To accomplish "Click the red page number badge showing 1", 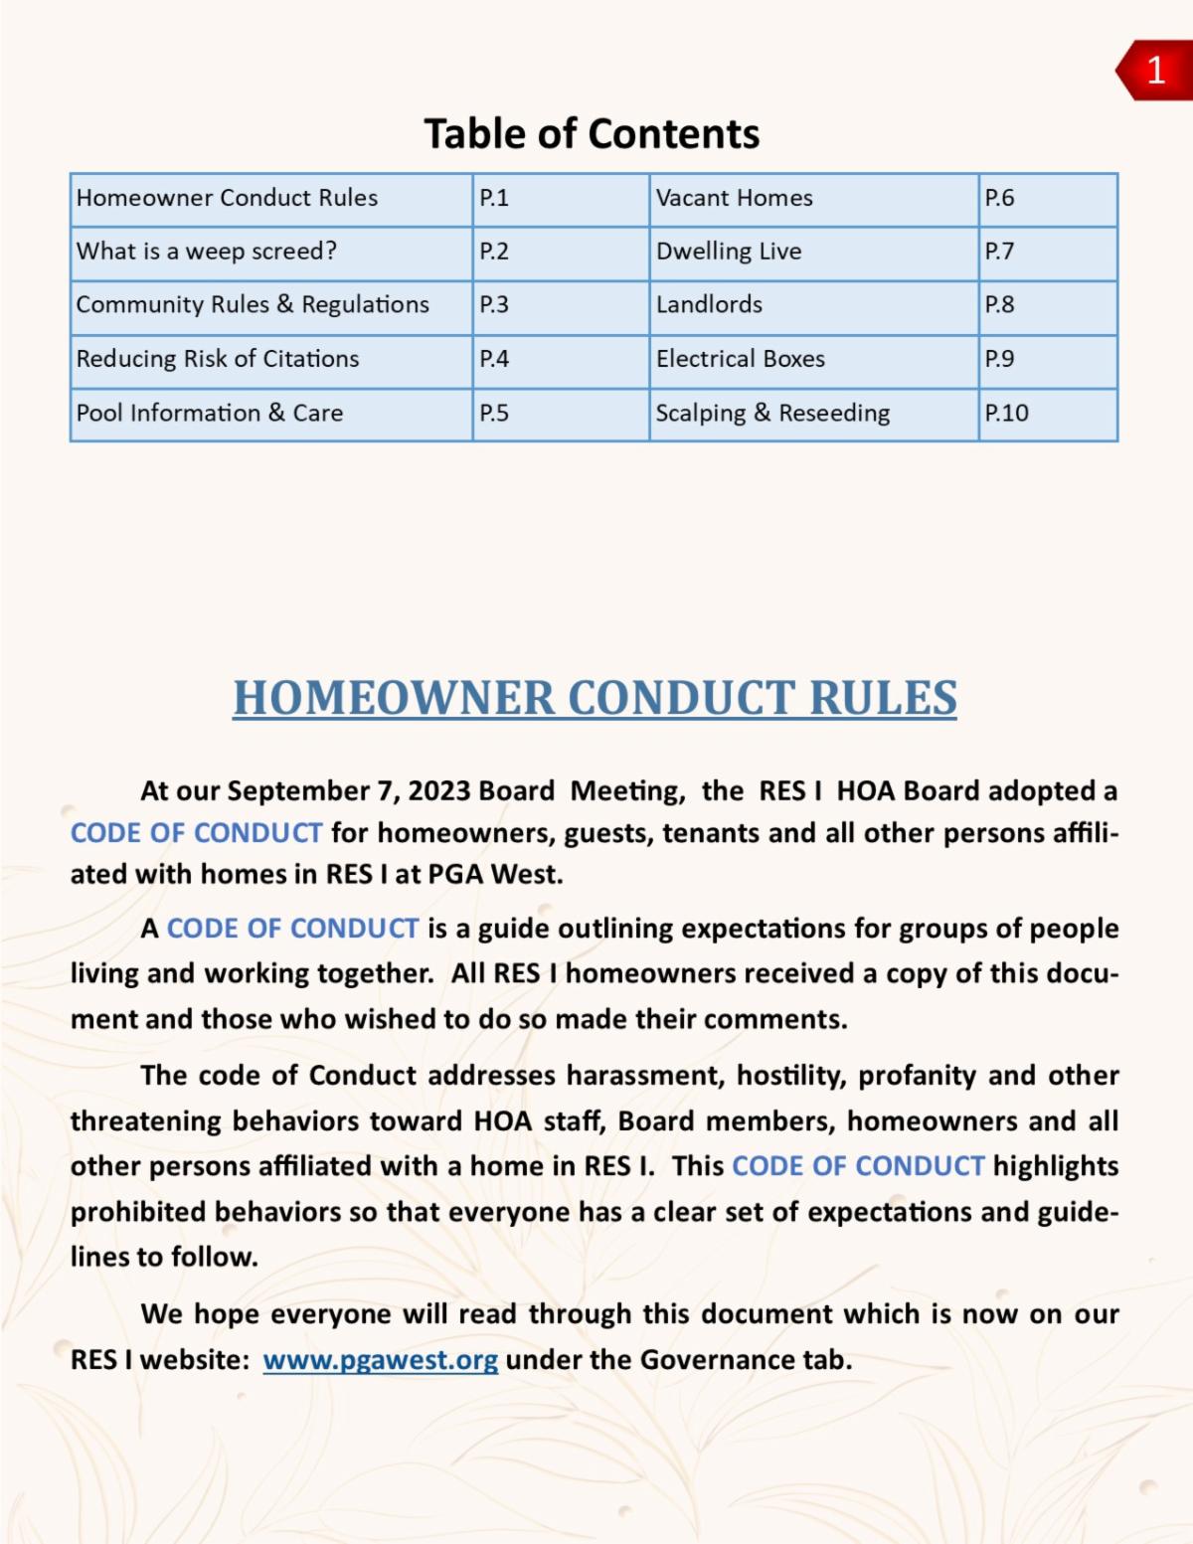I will tap(1155, 70).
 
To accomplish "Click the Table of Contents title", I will tap(592, 134).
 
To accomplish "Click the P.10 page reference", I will tap(1006, 413).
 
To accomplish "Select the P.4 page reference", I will tap(494, 359).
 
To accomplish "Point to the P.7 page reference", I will tap(999, 252).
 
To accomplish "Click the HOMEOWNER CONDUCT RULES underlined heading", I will tap(595, 698).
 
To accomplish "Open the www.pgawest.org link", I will tap(380, 1360).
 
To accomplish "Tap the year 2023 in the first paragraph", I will tap(438, 791).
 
